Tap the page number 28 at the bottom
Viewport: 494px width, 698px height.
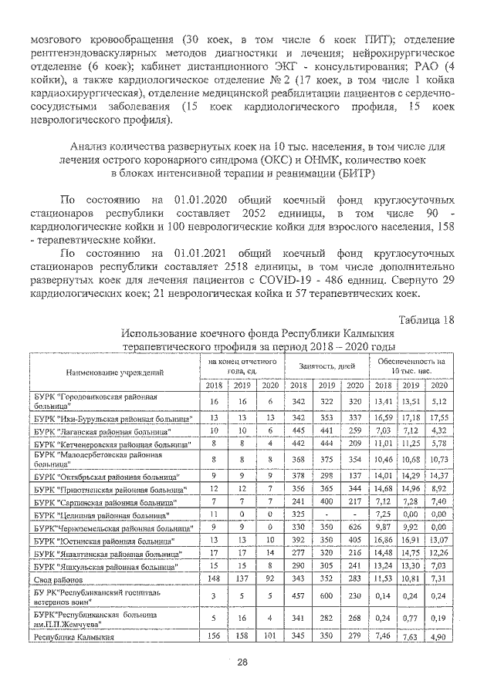point(242,662)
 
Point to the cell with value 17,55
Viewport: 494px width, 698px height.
point(438,417)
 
